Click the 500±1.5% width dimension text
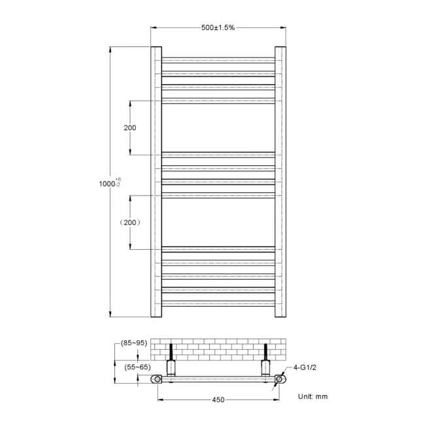tap(218, 27)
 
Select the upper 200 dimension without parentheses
tap(130, 127)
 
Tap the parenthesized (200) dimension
tap(130, 222)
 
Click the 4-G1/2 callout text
tap(304, 367)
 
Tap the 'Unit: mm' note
tap(313, 396)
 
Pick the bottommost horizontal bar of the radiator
tap(218, 303)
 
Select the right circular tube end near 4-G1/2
tap(280, 379)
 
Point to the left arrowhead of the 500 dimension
tap(154, 27)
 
